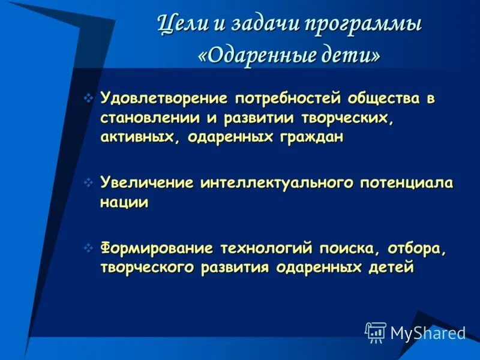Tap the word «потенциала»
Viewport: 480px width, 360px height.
click(x=407, y=182)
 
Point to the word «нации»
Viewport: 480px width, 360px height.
click(x=124, y=202)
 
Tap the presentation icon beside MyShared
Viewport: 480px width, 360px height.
click(x=376, y=332)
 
